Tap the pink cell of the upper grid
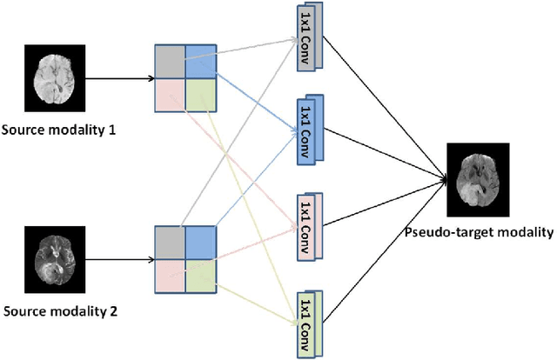[x=170, y=93]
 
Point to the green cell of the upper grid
[x=200, y=93]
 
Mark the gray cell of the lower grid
[x=170, y=241]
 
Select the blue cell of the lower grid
[x=200, y=241]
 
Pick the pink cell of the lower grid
[x=170, y=271]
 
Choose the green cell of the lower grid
[x=200, y=271]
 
